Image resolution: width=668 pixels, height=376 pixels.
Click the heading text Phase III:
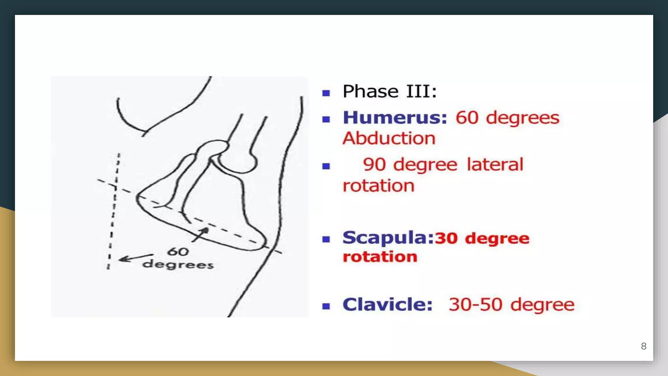[389, 91]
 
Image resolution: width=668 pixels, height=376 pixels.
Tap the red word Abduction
[389, 138]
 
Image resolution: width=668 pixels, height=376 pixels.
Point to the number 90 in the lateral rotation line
[374, 164]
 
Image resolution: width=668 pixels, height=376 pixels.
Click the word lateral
[495, 164]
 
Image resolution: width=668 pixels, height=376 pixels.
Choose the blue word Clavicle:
[387, 305]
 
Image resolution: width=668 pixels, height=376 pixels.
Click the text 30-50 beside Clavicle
[475, 305]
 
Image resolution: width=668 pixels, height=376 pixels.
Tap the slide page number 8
[644, 346]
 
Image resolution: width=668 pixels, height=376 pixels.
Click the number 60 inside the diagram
[178, 252]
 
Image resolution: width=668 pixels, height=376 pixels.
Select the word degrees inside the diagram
[178, 264]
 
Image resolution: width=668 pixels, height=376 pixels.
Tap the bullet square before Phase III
[326, 93]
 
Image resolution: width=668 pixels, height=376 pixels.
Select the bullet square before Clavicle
[326, 306]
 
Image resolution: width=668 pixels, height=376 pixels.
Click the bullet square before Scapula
[326, 240]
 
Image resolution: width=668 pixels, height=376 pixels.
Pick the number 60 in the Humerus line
[467, 118]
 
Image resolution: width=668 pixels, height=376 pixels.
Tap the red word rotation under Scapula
[380, 257]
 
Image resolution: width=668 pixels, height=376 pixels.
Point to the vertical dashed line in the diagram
[113, 212]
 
